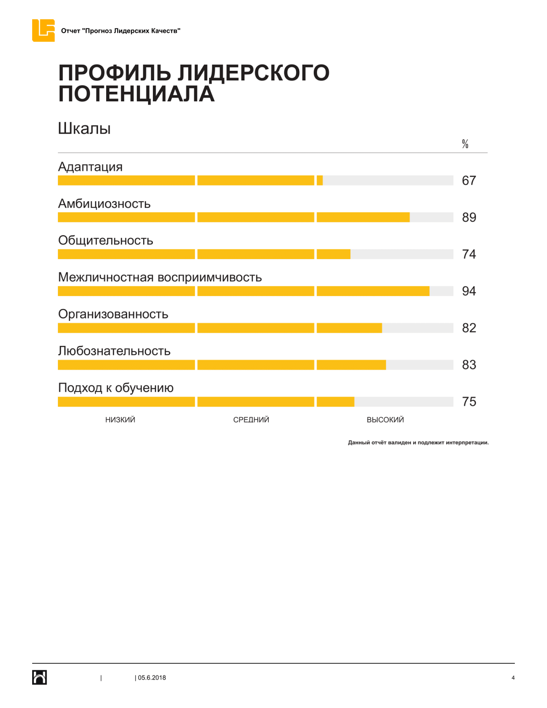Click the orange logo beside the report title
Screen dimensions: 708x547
click(x=43, y=31)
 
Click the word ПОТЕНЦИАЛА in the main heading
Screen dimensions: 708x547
click(x=136, y=94)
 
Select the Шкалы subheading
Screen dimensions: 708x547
click(x=84, y=129)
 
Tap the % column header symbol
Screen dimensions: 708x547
click(x=465, y=144)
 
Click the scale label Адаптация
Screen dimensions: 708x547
click(x=90, y=167)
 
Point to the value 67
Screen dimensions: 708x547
click(x=469, y=181)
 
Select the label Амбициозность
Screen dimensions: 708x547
click(x=104, y=204)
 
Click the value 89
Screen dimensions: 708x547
click(x=469, y=218)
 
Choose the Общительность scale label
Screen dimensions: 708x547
click(x=105, y=241)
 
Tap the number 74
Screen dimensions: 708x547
click(x=469, y=254)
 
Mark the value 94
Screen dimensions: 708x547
click(x=469, y=291)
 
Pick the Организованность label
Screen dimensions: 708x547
click(x=113, y=314)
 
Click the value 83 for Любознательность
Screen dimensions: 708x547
click(x=469, y=365)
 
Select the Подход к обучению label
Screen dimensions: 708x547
click(x=116, y=388)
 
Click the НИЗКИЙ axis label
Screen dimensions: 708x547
click(x=120, y=420)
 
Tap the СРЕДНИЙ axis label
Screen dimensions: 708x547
click(x=251, y=420)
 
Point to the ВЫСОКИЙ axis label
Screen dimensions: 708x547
click(x=385, y=420)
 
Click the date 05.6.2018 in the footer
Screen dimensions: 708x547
click(x=152, y=678)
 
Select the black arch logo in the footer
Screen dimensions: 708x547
click(x=39, y=677)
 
